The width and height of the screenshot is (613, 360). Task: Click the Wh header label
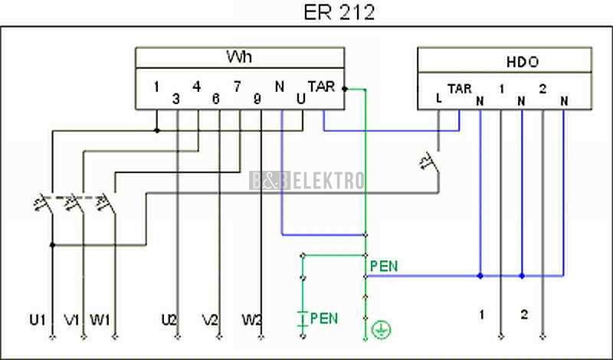(239, 57)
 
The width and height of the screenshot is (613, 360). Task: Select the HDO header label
(521, 61)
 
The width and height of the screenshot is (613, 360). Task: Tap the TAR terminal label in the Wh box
(320, 86)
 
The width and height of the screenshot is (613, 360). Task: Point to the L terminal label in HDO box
(438, 98)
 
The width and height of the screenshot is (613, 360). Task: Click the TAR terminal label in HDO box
(459, 88)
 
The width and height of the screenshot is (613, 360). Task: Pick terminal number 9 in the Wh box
(257, 98)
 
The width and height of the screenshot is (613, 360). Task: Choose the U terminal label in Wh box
(300, 98)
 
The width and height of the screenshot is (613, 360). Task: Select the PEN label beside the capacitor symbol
(324, 318)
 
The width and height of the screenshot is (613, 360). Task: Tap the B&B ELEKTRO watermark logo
(306, 181)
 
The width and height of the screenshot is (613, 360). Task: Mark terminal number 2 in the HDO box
(542, 88)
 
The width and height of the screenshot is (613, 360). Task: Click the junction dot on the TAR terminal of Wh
(345, 89)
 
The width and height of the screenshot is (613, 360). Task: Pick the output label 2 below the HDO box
(524, 314)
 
